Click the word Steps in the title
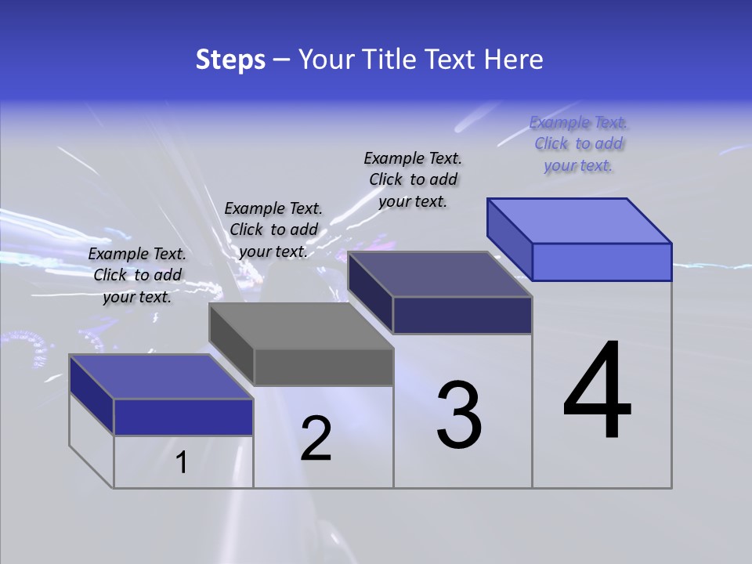230,60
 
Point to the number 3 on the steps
459,415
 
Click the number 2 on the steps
316,439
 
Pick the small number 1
182,463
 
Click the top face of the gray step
301,325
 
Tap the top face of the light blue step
580,220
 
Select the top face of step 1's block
161,377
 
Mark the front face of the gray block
324,367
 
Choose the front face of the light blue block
602,262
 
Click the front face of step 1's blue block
183,417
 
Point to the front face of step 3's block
462,315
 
